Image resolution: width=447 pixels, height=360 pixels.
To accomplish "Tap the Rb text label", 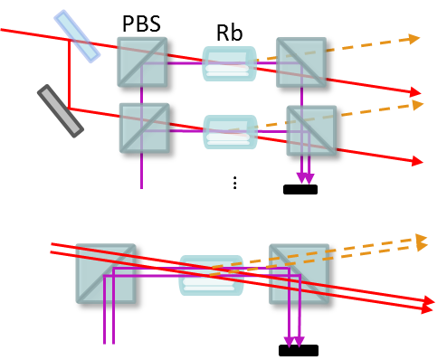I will (229, 32).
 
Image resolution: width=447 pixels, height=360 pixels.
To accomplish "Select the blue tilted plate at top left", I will (77, 36).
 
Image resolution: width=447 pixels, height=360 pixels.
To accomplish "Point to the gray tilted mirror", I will (61, 110).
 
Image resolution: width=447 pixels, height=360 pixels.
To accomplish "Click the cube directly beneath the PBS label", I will (142, 63).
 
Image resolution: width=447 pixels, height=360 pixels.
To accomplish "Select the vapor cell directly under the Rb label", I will (230, 64).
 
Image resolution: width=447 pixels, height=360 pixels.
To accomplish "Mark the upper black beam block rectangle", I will (300, 189).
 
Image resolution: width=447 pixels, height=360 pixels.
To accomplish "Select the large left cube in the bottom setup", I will (106, 275).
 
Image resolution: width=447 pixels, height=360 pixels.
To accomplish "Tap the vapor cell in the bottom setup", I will (212, 275).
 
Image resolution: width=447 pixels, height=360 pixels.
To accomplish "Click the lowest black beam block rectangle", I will (298, 350).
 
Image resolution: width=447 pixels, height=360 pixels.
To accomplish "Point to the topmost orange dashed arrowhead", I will (414, 38).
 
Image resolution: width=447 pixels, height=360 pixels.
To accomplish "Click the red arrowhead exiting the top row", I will (416, 92).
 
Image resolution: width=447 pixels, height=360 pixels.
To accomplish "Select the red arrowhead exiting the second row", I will (417, 161).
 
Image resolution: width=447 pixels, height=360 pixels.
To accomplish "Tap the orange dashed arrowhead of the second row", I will (418, 105).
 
